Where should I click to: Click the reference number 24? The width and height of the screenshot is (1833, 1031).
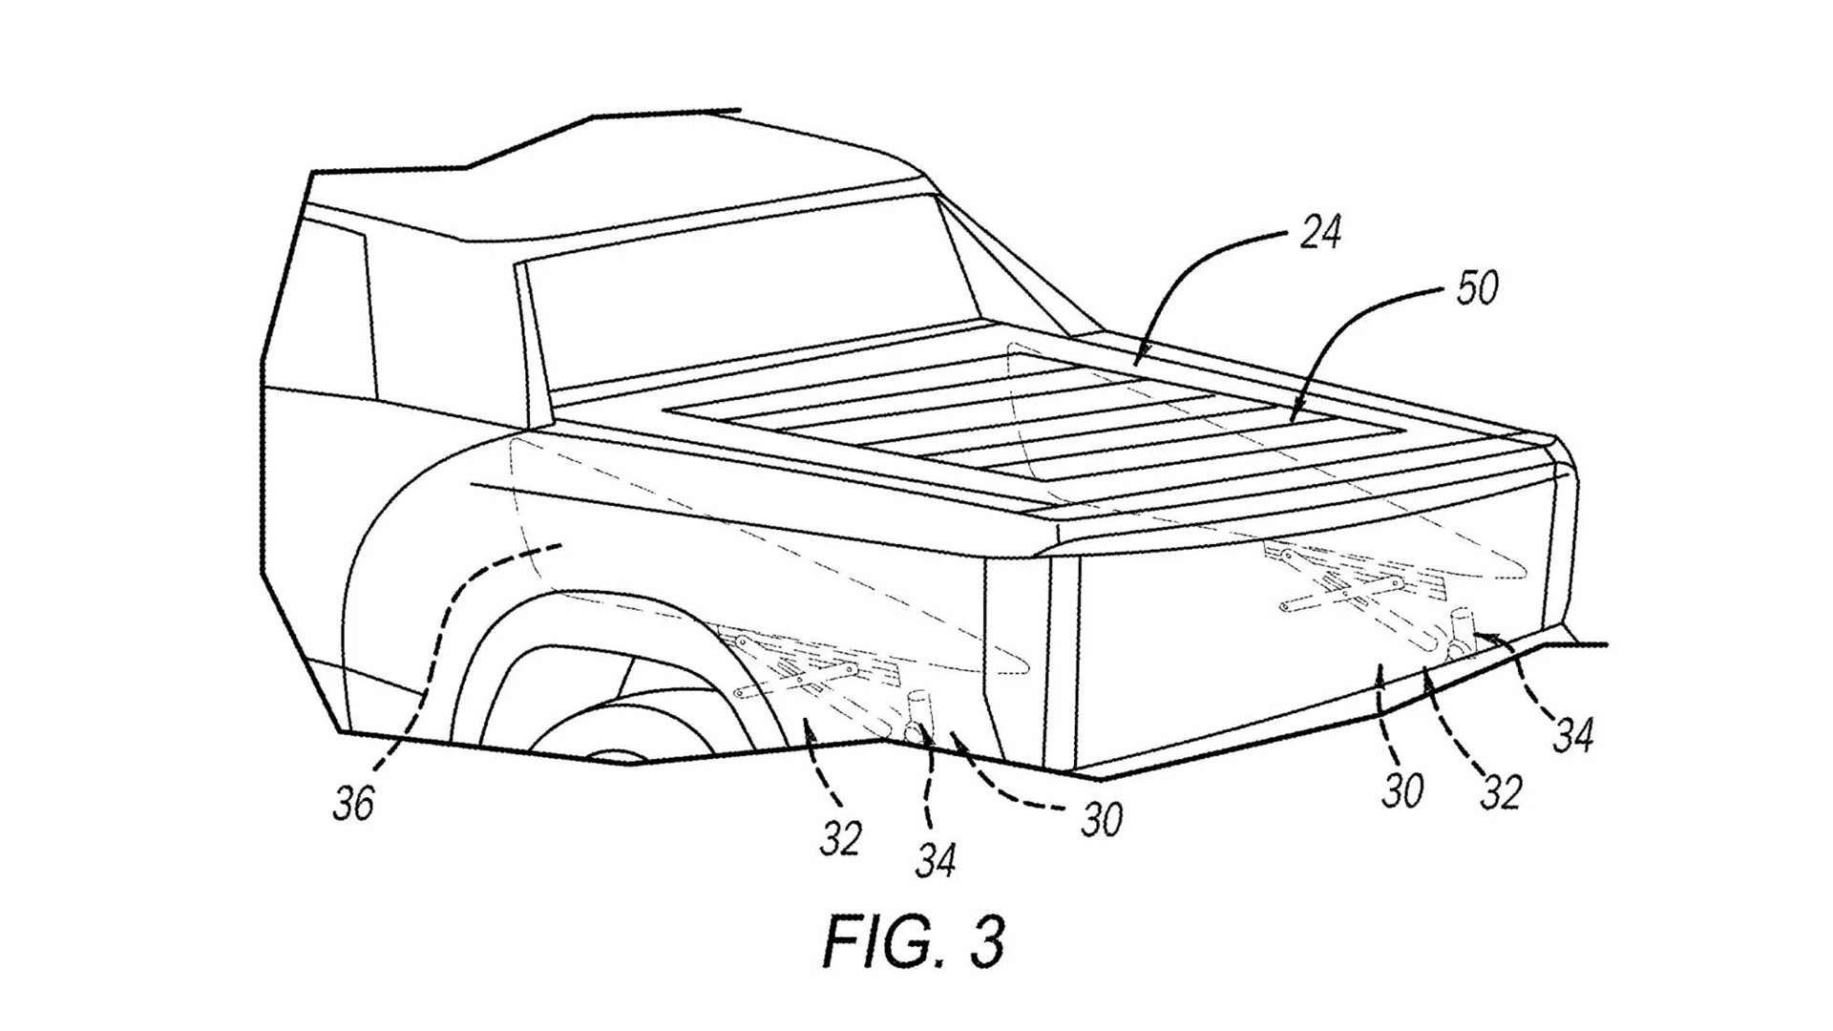1320,232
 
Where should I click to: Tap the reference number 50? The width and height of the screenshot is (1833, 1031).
1476,286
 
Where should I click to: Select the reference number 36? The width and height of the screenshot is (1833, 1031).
353,803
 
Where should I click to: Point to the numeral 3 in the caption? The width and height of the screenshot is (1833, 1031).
985,941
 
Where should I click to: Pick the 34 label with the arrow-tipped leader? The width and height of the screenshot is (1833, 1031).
1572,735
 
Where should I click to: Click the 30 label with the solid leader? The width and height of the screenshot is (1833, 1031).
1401,790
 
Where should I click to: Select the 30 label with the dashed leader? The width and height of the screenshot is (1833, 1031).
1101,819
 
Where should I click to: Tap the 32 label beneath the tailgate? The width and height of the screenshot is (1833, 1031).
1500,792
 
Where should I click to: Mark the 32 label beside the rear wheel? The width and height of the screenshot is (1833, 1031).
840,838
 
